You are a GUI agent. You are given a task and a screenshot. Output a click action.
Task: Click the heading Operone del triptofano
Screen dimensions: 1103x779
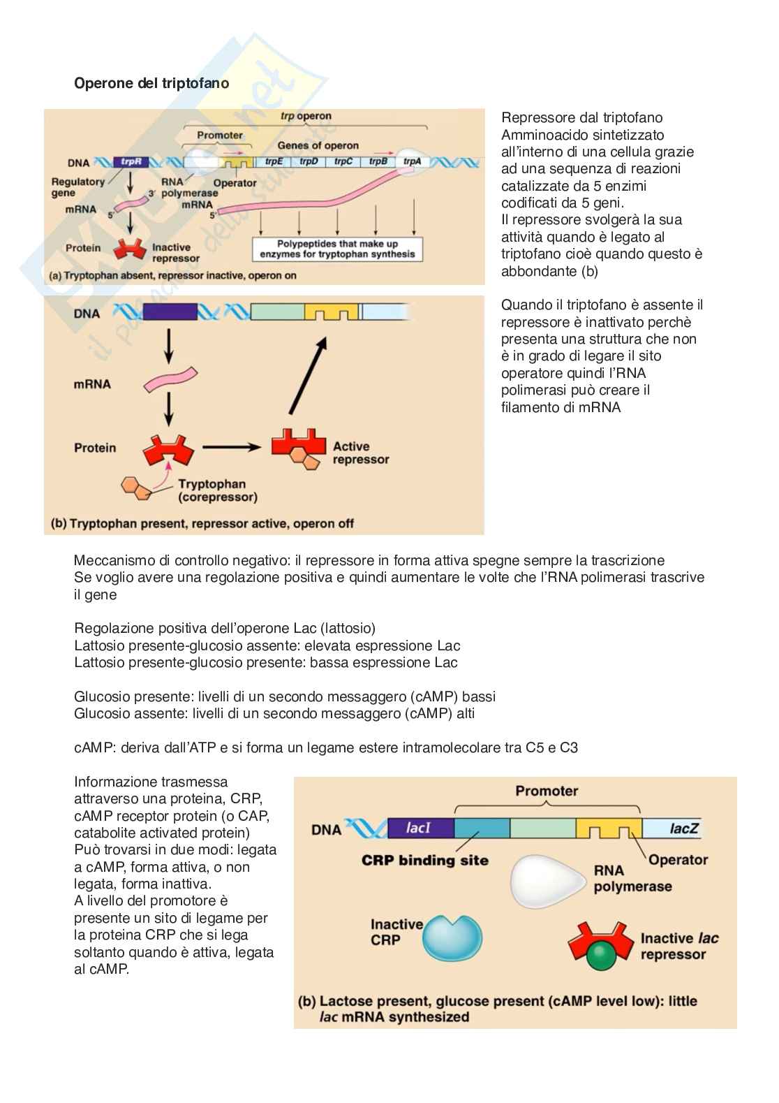click(x=151, y=83)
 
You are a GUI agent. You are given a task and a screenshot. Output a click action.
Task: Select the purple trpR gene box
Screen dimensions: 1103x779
click(x=131, y=162)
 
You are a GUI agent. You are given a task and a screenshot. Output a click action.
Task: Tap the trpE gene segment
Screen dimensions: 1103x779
click(x=274, y=162)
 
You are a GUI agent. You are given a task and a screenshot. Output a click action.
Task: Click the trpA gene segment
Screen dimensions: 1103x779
click(x=412, y=162)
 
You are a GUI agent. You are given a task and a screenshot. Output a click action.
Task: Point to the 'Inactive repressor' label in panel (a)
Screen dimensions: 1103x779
click(x=176, y=253)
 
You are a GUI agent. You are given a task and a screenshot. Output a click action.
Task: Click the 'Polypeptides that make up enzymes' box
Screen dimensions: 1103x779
click(x=337, y=249)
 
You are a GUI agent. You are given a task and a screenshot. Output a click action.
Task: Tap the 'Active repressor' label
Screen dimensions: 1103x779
click(x=361, y=453)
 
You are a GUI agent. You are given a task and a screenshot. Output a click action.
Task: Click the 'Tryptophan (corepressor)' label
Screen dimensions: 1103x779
click(x=217, y=490)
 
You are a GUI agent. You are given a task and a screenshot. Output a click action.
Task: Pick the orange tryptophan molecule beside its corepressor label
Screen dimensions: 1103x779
click(x=137, y=488)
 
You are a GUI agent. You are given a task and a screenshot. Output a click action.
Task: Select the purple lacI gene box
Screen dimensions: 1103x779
click(x=419, y=828)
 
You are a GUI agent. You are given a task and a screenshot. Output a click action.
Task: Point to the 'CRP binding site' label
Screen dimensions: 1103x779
click(x=424, y=860)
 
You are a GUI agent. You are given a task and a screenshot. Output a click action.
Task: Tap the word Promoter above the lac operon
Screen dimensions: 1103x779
click(x=547, y=791)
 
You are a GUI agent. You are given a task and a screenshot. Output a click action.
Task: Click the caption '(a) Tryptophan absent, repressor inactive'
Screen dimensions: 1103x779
click(x=172, y=275)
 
